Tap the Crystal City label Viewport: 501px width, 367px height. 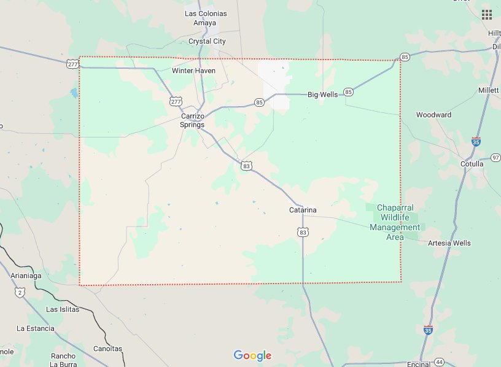click(207, 41)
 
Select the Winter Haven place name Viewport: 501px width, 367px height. click(193, 71)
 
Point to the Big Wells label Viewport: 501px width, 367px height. click(323, 95)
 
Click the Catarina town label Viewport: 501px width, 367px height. click(303, 210)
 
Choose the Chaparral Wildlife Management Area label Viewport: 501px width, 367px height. click(395, 222)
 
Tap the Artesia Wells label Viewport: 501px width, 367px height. click(449, 243)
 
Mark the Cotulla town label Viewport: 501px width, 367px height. click(472, 164)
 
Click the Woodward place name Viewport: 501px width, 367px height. click(433, 115)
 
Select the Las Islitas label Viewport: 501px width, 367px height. click(63, 309)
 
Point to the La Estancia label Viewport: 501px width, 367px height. click(36, 328)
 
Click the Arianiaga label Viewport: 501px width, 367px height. click(26, 276)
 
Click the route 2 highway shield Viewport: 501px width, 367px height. click(20, 292)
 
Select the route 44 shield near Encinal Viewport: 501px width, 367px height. click(439, 362)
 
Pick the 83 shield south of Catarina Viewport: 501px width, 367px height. click(302, 231)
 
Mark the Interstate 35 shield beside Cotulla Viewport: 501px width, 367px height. click(476, 141)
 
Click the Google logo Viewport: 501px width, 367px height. click(252, 355)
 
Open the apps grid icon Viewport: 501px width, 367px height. click(486, 14)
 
